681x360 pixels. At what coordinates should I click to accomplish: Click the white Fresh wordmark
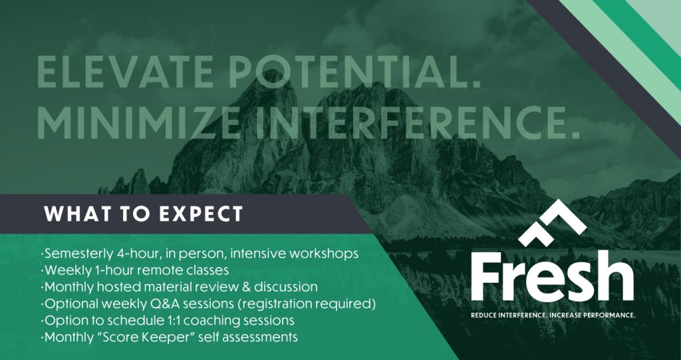click(x=552, y=275)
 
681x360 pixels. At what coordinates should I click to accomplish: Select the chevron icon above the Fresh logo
click(x=552, y=222)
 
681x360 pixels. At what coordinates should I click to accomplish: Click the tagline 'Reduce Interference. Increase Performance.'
click(x=553, y=315)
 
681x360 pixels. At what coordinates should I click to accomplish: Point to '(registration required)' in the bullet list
click(x=306, y=304)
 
